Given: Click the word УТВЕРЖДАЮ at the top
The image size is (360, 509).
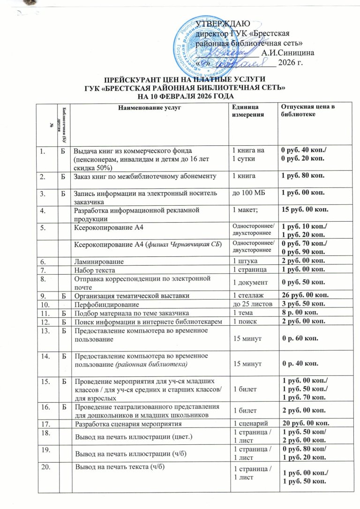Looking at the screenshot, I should point(222,24).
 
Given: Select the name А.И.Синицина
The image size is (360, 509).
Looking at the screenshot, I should point(288,52).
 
